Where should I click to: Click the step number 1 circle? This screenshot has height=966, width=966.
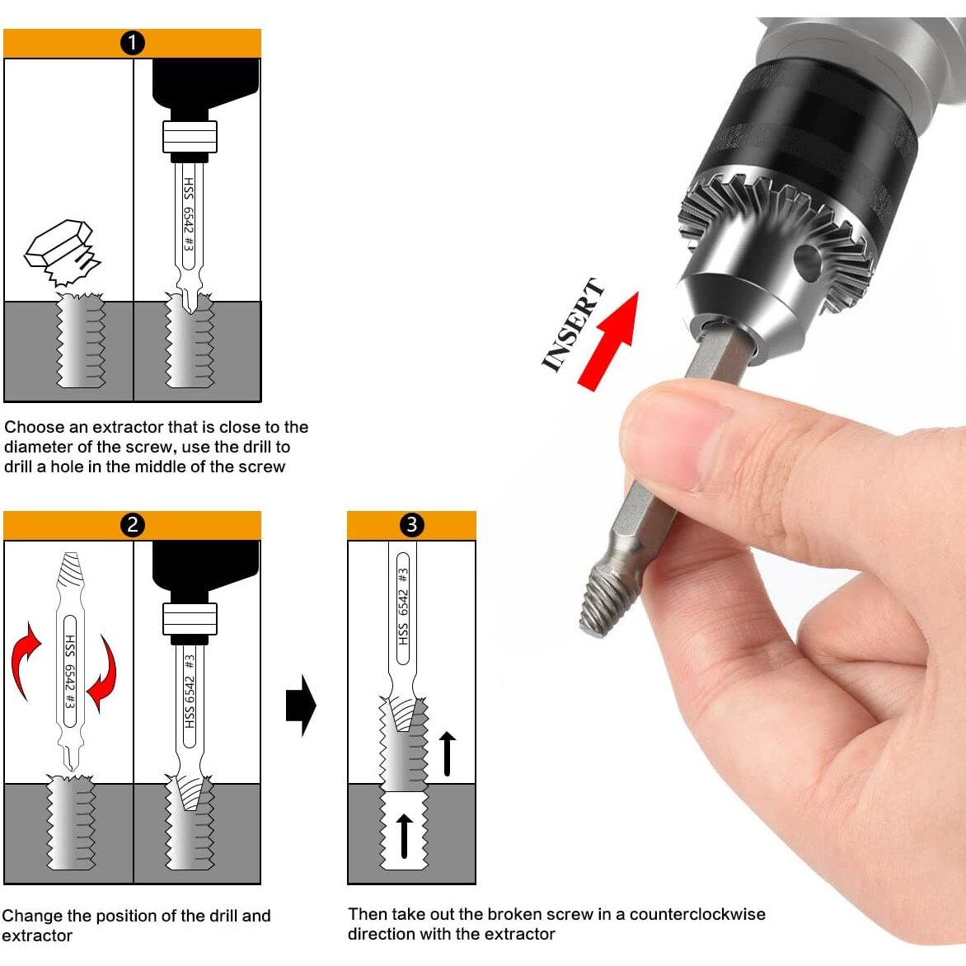coord(133,43)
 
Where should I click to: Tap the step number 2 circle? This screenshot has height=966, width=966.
coord(133,525)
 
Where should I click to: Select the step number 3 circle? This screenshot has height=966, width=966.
coord(411,524)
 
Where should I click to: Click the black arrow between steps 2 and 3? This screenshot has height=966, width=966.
coord(301,705)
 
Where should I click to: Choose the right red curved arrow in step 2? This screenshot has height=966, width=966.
coord(103,674)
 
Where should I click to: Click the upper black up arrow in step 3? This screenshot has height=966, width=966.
coord(448,753)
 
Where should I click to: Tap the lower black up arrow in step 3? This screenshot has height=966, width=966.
coord(404,836)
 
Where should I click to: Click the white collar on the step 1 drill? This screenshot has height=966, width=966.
coord(190,137)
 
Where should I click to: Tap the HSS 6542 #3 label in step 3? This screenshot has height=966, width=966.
coord(404,607)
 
